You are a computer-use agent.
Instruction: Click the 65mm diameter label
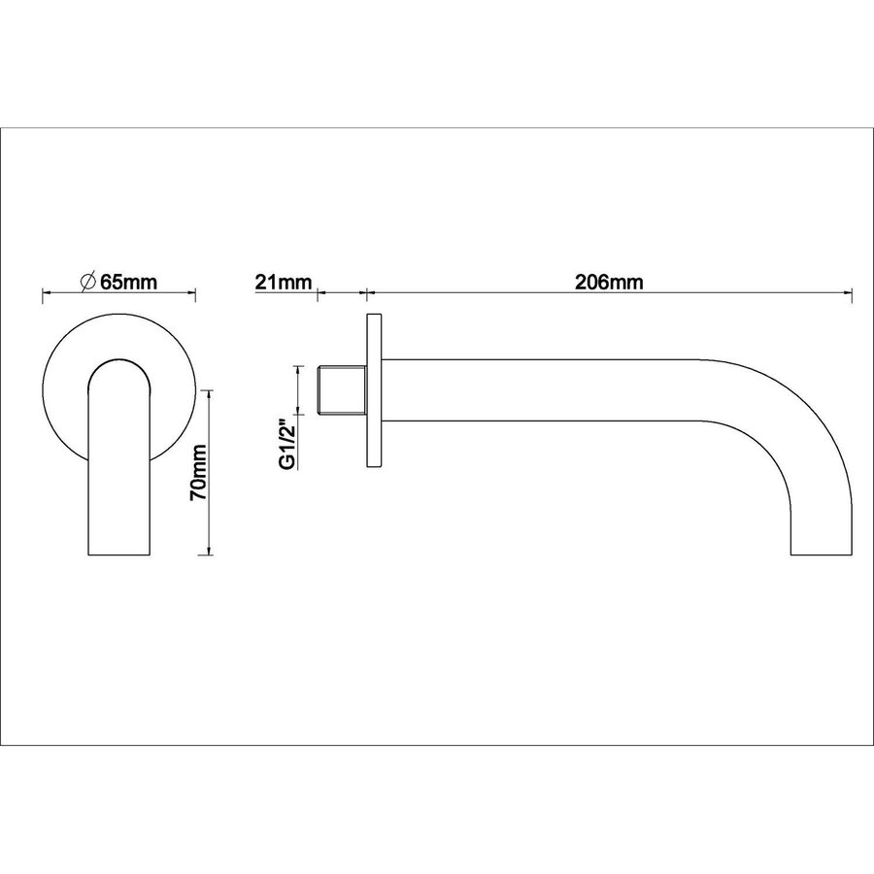128,282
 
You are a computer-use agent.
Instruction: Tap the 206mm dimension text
609,283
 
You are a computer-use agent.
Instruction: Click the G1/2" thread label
287,445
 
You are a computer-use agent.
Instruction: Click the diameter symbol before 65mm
87,282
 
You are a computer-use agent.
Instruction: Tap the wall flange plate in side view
375,390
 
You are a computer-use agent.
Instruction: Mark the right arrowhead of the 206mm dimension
848,290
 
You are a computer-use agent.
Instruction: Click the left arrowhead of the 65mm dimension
45,290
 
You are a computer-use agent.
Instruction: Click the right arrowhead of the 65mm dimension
193,290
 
